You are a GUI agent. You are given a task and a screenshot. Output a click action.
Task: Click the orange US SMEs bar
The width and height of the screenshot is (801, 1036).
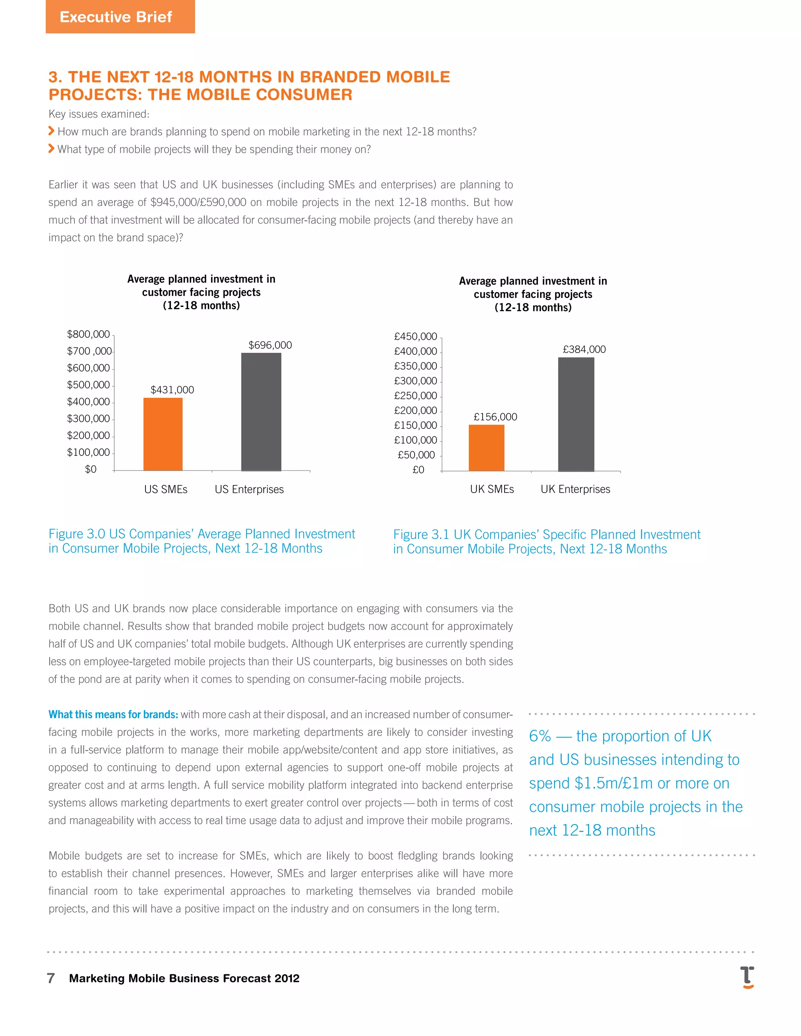point(163,434)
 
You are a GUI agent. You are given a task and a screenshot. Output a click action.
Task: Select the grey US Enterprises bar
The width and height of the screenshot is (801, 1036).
point(261,412)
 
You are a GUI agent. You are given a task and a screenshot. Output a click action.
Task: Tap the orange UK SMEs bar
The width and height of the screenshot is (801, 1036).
point(487,448)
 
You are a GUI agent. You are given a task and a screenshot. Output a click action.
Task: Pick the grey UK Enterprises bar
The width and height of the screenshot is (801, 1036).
point(576,414)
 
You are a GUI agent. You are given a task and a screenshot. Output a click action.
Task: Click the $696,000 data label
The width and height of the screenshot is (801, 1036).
point(270,345)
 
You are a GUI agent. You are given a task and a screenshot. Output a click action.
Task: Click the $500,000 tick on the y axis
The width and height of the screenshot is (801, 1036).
point(88,385)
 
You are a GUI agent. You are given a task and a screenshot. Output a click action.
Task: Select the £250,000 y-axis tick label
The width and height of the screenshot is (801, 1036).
point(415,396)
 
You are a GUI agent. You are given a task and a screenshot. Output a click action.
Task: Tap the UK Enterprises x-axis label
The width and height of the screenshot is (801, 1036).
point(575,489)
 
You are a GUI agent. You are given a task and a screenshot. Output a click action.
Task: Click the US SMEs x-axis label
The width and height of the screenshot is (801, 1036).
point(165,489)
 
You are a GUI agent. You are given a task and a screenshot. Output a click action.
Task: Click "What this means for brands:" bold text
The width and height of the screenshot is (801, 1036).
point(113,714)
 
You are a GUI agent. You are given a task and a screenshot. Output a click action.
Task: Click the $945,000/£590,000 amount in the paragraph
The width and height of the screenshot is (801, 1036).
point(198,203)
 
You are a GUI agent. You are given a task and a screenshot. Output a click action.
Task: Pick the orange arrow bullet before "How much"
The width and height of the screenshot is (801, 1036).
point(51,131)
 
